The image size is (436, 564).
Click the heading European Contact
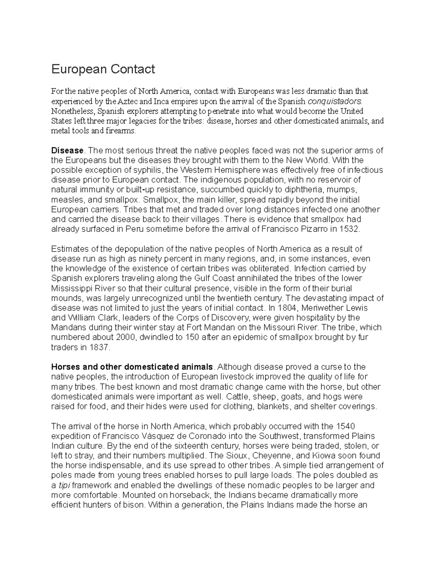tap(103, 69)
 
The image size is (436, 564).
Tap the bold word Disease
tap(68, 150)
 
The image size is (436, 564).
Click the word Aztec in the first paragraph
tap(128, 101)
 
